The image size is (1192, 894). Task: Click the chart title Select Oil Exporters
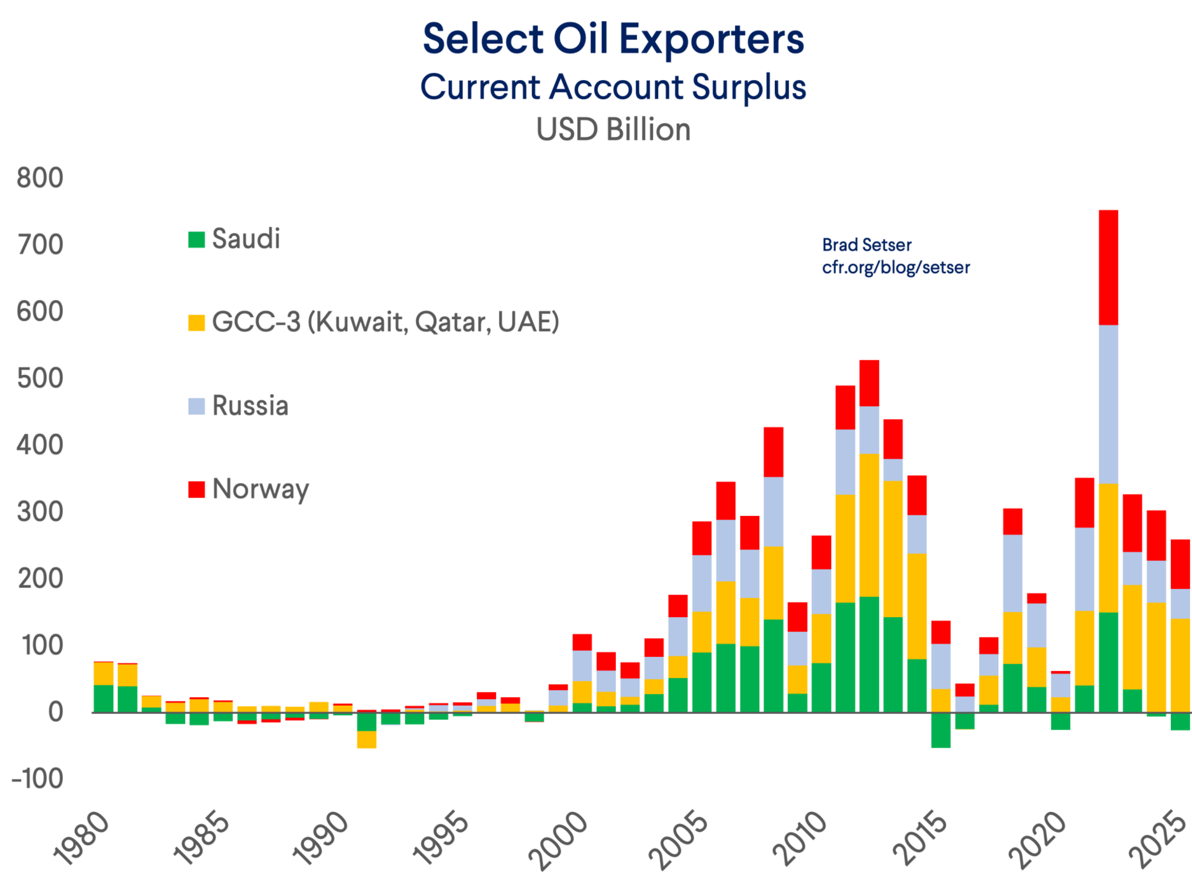[x=613, y=39]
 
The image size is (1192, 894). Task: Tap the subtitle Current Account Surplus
[x=613, y=87]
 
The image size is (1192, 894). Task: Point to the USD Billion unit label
[x=613, y=130]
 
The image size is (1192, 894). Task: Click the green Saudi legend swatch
[x=197, y=240]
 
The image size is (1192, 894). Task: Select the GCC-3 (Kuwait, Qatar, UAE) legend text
[x=386, y=322]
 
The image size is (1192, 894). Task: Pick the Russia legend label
[x=250, y=406]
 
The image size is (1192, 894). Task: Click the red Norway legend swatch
[x=197, y=489]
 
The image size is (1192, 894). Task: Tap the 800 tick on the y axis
[x=40, y=178]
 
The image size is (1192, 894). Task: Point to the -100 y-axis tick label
[x=37, y=779]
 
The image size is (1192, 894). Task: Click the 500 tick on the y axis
[x=40, y=378]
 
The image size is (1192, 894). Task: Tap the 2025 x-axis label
[x=1158, y=838]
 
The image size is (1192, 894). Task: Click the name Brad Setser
[x=867, y=245]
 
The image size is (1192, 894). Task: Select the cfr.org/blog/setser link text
[x=896, y=268]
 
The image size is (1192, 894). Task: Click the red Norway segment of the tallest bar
[x=1108, y=267]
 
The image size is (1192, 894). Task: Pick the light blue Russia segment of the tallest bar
[x=1108, y=404]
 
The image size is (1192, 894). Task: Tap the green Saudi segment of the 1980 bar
[x=104, y=698]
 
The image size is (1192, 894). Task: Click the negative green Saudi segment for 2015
[x=941, y=730]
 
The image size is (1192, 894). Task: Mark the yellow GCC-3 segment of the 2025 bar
[x=1180, y=664]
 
